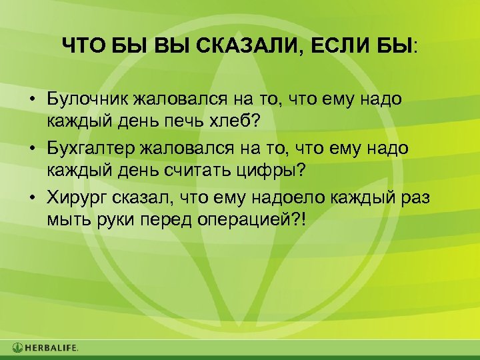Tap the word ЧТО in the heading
[x=83, y=46]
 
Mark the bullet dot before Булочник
[x=31, y=100]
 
